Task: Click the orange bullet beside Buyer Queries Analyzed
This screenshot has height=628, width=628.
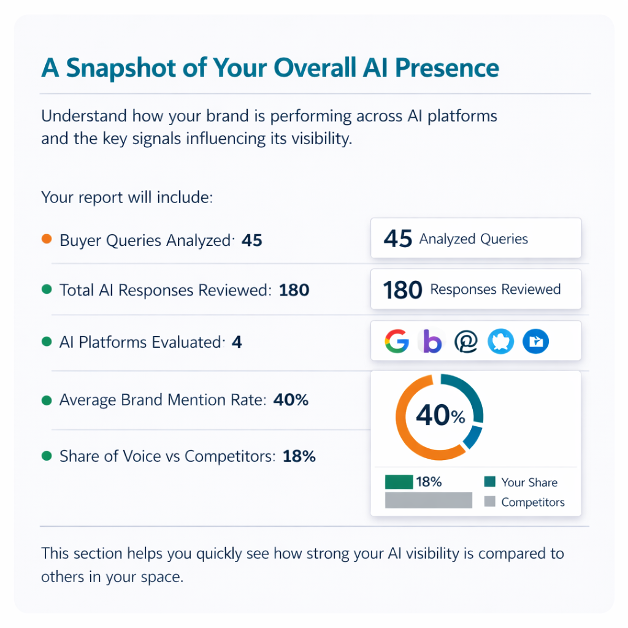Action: pos(47,239)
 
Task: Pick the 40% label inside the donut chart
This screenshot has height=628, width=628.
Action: pos(440,416)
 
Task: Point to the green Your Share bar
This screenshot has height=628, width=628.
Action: pos(399,482)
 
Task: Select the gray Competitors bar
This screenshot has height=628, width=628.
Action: pos(428,500)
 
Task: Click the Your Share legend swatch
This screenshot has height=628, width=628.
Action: pos(489,482)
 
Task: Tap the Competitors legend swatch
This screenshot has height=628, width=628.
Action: pos(489,502)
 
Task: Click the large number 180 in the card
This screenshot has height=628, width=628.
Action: pos(402,290)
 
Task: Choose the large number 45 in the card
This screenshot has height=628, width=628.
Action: pos(397,239)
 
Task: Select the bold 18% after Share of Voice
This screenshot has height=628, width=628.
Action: pos(299,456)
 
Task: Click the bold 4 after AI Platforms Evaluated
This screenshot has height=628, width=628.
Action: pos(237,342)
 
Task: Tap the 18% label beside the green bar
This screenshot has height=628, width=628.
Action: pos(429,482)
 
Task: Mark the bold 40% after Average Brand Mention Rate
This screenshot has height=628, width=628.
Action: pos(291,400)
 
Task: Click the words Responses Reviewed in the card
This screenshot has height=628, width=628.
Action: pos(495,289)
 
